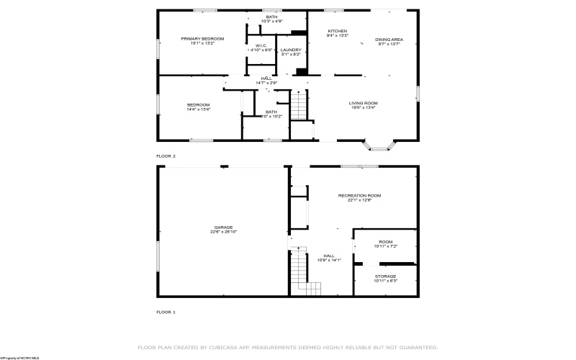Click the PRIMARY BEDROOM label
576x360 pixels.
[x=202, y=38]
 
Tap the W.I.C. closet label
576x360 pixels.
[x=261, y=45]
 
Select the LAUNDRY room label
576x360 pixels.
[x=291, y=50]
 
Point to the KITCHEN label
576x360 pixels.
[x=338, y=31]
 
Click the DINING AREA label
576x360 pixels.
[x=388, y=39]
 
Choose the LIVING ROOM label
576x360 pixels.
[x=364, y=103]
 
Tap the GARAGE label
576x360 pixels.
[x=223, y=227]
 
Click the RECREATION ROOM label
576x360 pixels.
[x=359, y=195]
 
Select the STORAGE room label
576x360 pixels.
[x=385, y=276]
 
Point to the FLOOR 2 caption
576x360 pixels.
[x=166, y=156]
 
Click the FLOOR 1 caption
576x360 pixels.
[x=166, y=312]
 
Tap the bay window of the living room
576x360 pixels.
[x=381, y=146]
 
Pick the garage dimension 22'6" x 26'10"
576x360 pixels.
[x=223, y=232]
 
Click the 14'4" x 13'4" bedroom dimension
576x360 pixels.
[x=199, y=109]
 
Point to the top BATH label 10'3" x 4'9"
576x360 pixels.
[x=271, y=17]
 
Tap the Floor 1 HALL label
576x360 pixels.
[x=329, y=255]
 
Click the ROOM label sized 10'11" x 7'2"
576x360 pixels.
[x=385, y=242]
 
